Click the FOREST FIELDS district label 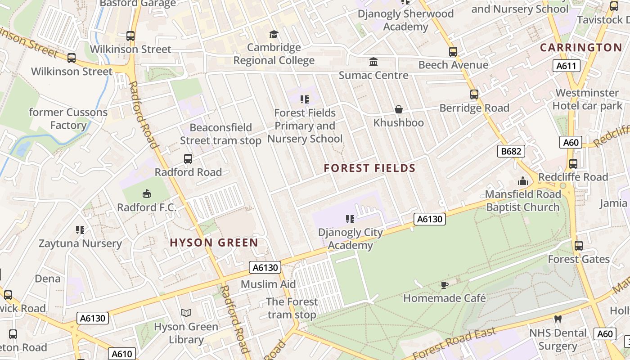tap(369, 168)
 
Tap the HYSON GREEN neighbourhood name tap(214, 243)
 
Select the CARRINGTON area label tap(581, 48)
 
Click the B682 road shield tap(511, 151)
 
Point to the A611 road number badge tap(566, 66)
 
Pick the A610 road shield tap(122, 354)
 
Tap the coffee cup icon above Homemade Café tap(445, 285)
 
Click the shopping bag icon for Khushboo tap(399, 109)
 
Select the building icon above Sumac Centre tap(373, 62)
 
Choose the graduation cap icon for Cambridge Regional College tap(274, 34)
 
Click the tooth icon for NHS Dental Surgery tap(558, 319)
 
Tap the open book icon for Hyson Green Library tap(186, 313)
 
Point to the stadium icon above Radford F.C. tap(146, 194)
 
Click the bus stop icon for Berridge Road tap(474, 94)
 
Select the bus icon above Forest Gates tap(579, 246)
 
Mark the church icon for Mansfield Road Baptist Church tap(523, 181)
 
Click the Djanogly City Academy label tap(351, 239)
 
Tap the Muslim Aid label tap(268, 284)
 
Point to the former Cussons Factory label tap(68, 119)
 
